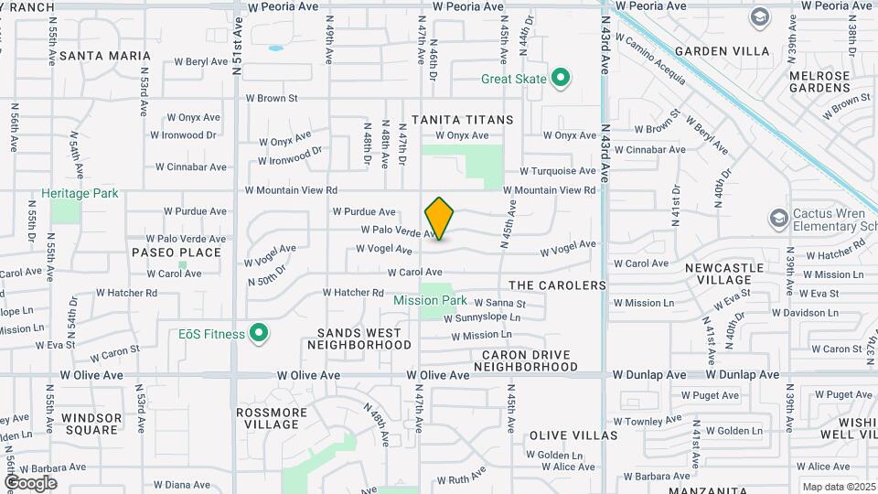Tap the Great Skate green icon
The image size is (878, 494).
tap(562, 79)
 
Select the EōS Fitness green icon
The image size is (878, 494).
tap(260, 334)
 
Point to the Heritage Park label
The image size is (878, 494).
tap(80, 194)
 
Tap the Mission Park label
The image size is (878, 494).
tap(430, 300)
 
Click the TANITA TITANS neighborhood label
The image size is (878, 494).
tap(462, 120)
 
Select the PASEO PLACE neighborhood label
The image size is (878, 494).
tap(177, 252)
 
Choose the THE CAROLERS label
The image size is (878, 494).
tap(557, 285)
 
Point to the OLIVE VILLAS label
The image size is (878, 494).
tap(573, 435)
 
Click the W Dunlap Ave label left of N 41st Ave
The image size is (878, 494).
tap(649, 375)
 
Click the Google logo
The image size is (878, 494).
tap(30, 482)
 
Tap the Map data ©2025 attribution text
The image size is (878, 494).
tap(837, 487)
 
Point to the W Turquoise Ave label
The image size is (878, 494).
tap(558, 171)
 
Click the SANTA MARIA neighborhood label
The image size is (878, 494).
tap(98, 56)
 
